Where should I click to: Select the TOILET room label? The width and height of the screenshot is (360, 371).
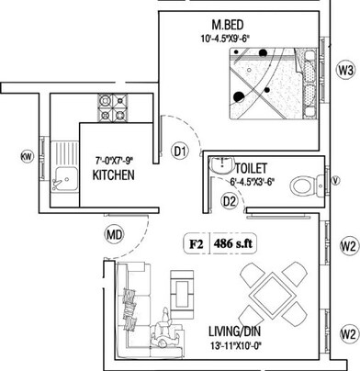(251, 169)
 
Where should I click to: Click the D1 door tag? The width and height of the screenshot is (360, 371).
(181, 150)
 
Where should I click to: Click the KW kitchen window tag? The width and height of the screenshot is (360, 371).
(27, 157)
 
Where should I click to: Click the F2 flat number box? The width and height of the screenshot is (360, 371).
(196, 244)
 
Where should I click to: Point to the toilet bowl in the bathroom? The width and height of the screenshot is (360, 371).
(302, 186)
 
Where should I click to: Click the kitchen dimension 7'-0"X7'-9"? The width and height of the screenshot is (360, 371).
(113, 160)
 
